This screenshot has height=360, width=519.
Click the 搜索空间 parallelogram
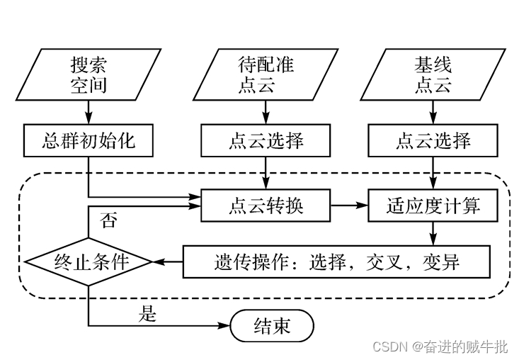coord(88,74)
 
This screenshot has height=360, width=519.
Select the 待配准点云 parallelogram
coord(266,74)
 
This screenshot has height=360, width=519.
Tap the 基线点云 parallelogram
coord(433,74)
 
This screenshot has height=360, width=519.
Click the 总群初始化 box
coord(88,140)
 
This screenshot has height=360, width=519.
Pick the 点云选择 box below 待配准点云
coord(266,140)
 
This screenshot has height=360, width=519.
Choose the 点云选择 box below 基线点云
coord(433,140)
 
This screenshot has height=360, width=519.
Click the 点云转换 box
coord(266,206)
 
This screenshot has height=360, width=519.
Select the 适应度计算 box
coord(433,206)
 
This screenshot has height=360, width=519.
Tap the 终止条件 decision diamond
coord(88,261)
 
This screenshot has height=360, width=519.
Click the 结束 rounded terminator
coord(271,326)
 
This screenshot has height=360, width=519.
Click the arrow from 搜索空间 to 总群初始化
coord(88,112)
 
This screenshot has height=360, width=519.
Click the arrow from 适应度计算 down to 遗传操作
coord(433,233)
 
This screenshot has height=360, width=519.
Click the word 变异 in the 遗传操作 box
coord(441,262)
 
